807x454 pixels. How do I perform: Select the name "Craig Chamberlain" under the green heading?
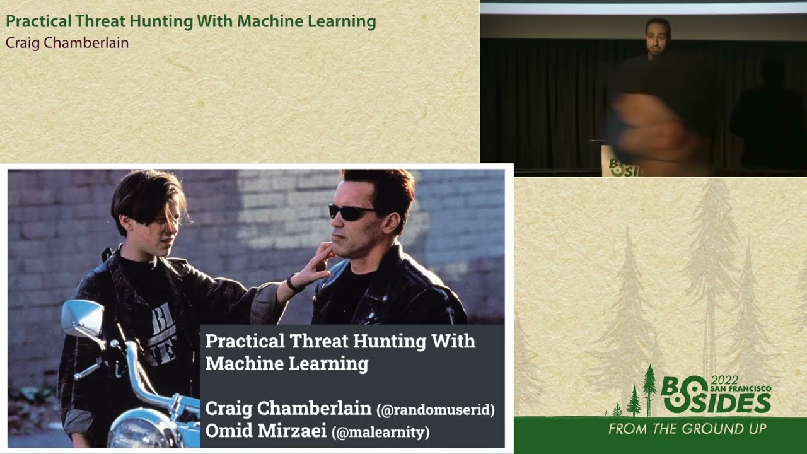(67, 43)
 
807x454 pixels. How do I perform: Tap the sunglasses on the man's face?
(351, 212)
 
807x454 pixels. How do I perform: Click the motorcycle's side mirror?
(82, 319)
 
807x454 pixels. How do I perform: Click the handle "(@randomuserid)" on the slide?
(436, 410)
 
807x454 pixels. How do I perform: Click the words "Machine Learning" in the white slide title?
(286, 364)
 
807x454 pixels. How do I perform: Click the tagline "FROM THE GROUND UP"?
(687, 429)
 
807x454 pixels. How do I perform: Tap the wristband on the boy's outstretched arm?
(293, 283)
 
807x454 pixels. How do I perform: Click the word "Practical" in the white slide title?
(245, 341)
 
